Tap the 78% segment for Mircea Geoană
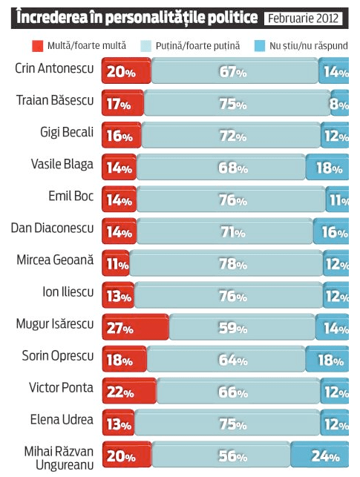point(226,264)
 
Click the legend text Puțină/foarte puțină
point(197,46)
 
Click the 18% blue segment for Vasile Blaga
point(327,168)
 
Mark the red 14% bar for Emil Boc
point(119,200)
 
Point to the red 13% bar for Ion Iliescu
point(117,296)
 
